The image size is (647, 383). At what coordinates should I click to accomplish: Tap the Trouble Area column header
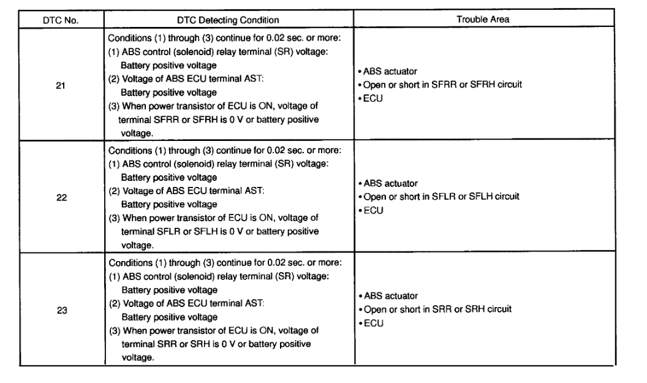[x=484, y=20]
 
